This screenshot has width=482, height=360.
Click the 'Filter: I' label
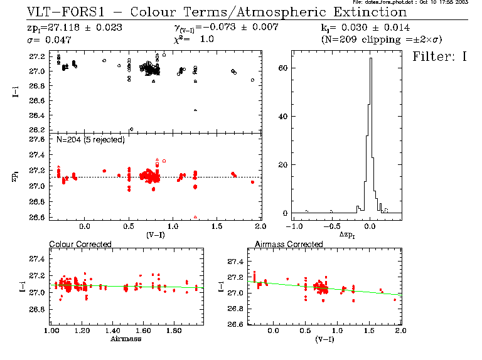(x=440, y=57)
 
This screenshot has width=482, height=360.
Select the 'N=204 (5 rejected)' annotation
(x=90, y=139)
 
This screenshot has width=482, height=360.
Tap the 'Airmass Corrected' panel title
(x=288, y=244)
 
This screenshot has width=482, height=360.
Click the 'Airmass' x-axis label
(x=126, y=339)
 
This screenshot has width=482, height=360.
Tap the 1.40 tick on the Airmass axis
(x=113, y=330)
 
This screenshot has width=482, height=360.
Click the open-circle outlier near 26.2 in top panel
(x=131, y=129)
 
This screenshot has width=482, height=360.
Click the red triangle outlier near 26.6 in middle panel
(x=196, y=217)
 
